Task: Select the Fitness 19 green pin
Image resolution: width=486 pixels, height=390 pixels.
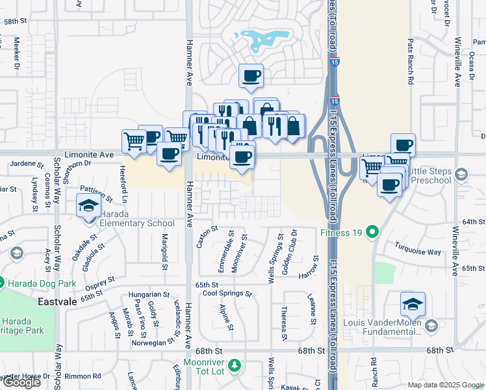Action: click(x=372, y=231)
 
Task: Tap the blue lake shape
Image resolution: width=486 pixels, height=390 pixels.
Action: click(x=264, y=39)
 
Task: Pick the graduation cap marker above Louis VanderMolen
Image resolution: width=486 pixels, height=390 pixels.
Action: click(x=413, y=304)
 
